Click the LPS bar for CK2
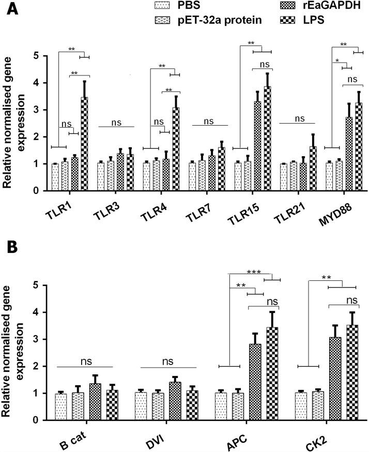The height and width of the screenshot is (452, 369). click(353, 372)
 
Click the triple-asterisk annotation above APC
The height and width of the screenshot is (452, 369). click(253, 272)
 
